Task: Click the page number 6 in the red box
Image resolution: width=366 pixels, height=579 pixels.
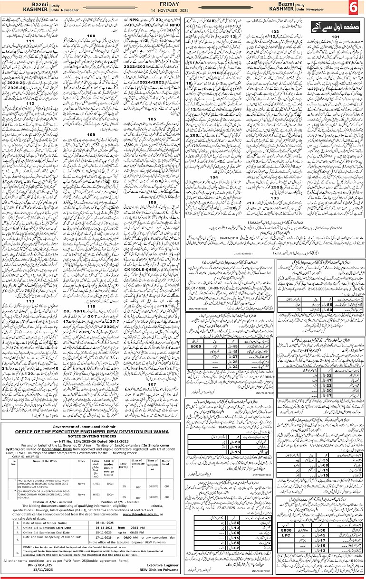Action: pos(355,9)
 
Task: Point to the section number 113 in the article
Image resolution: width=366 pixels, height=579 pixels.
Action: pos(30,301)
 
